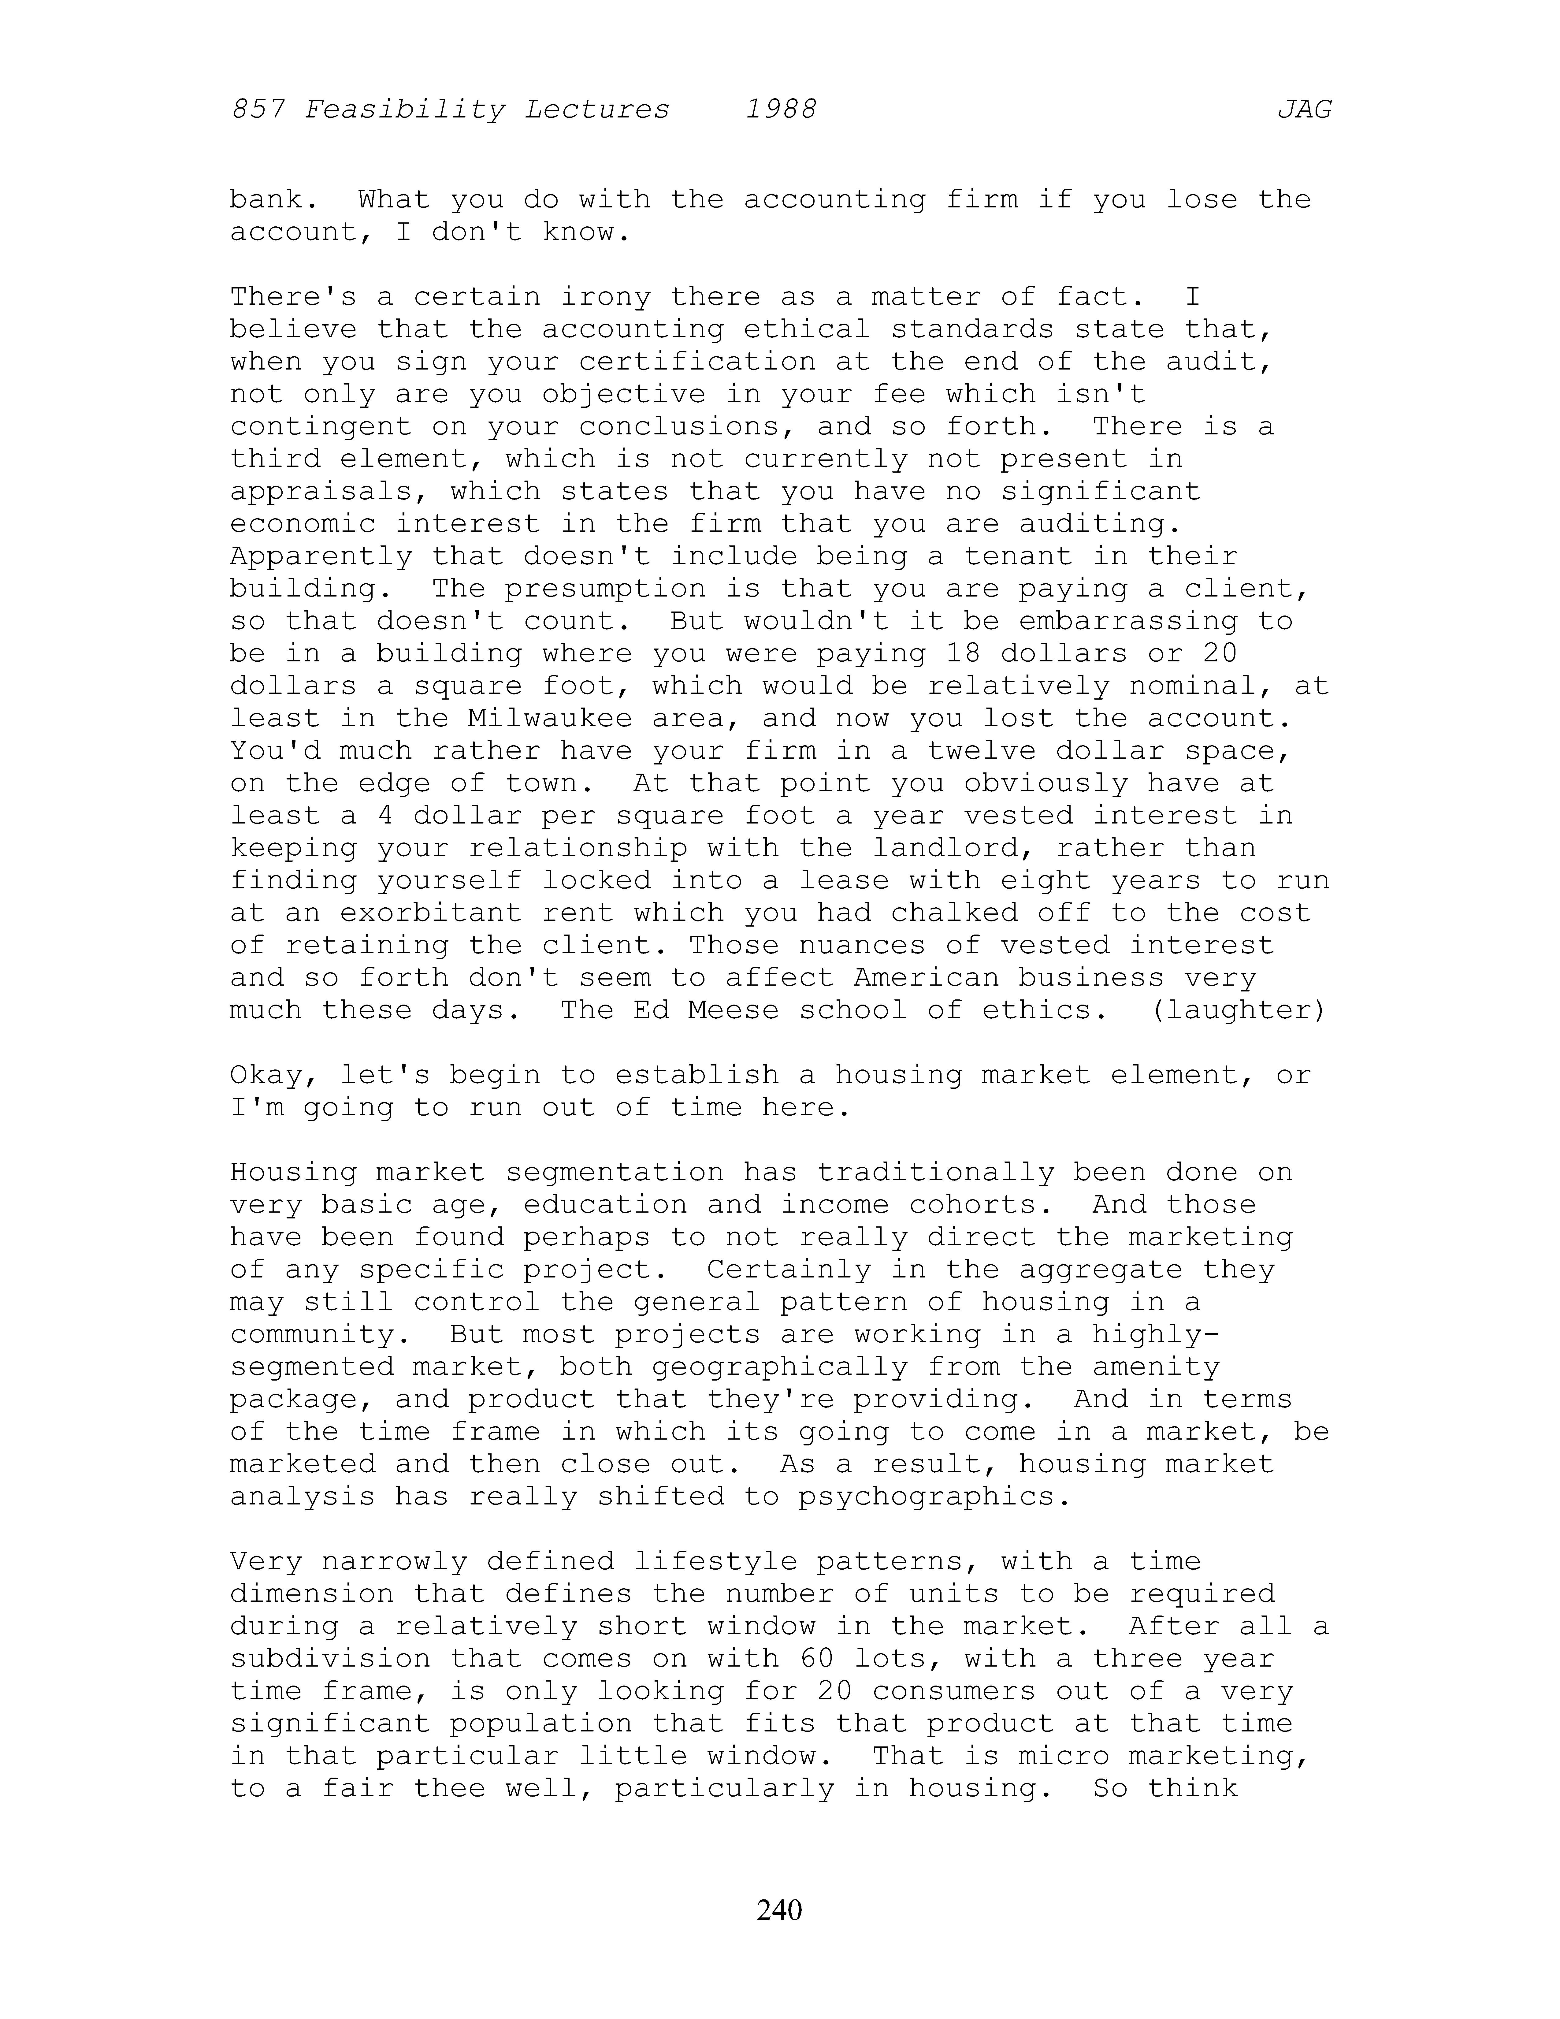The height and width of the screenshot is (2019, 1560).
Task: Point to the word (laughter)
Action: coord(1239,1009)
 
